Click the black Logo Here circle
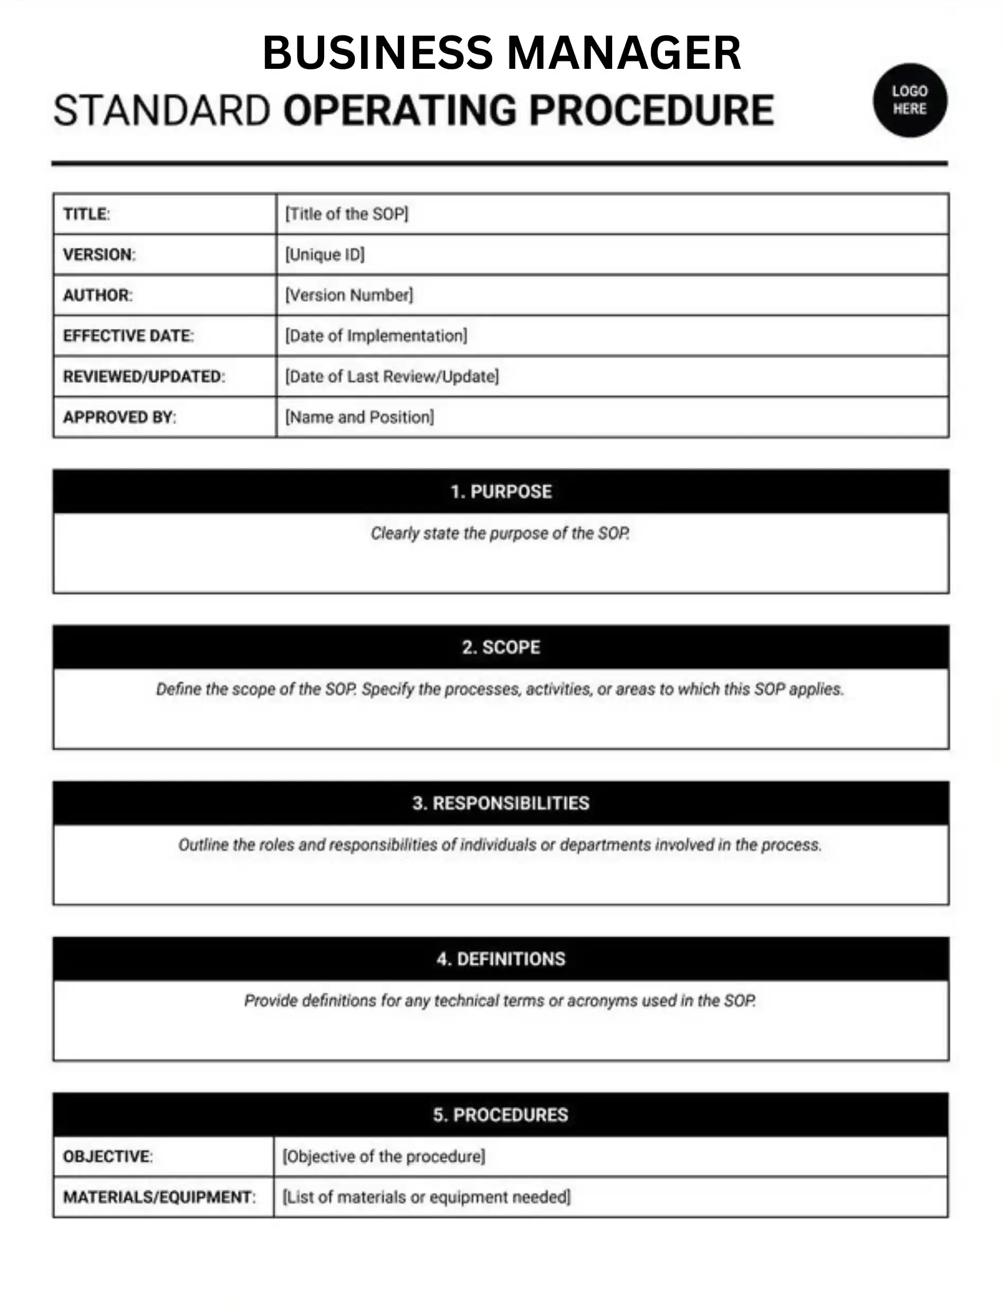tap(909, 100)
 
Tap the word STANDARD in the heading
tap(162, 111)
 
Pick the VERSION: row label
tap(99, 254)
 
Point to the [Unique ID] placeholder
tap(325, 254)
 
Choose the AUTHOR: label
tap(98, 295)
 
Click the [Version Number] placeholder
tap(348, 295)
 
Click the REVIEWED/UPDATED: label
tap(144, 377)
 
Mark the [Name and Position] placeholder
tap(360, 417)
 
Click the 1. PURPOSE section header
tap(501, 491)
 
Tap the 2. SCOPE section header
tap(501, 647)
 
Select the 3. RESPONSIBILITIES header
tap(501, 803)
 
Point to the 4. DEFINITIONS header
tap(501, 959)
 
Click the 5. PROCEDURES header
tap(501, 1114)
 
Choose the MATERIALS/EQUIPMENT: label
tap(159, 1197)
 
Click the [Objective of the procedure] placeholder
tap(383, 1156)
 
